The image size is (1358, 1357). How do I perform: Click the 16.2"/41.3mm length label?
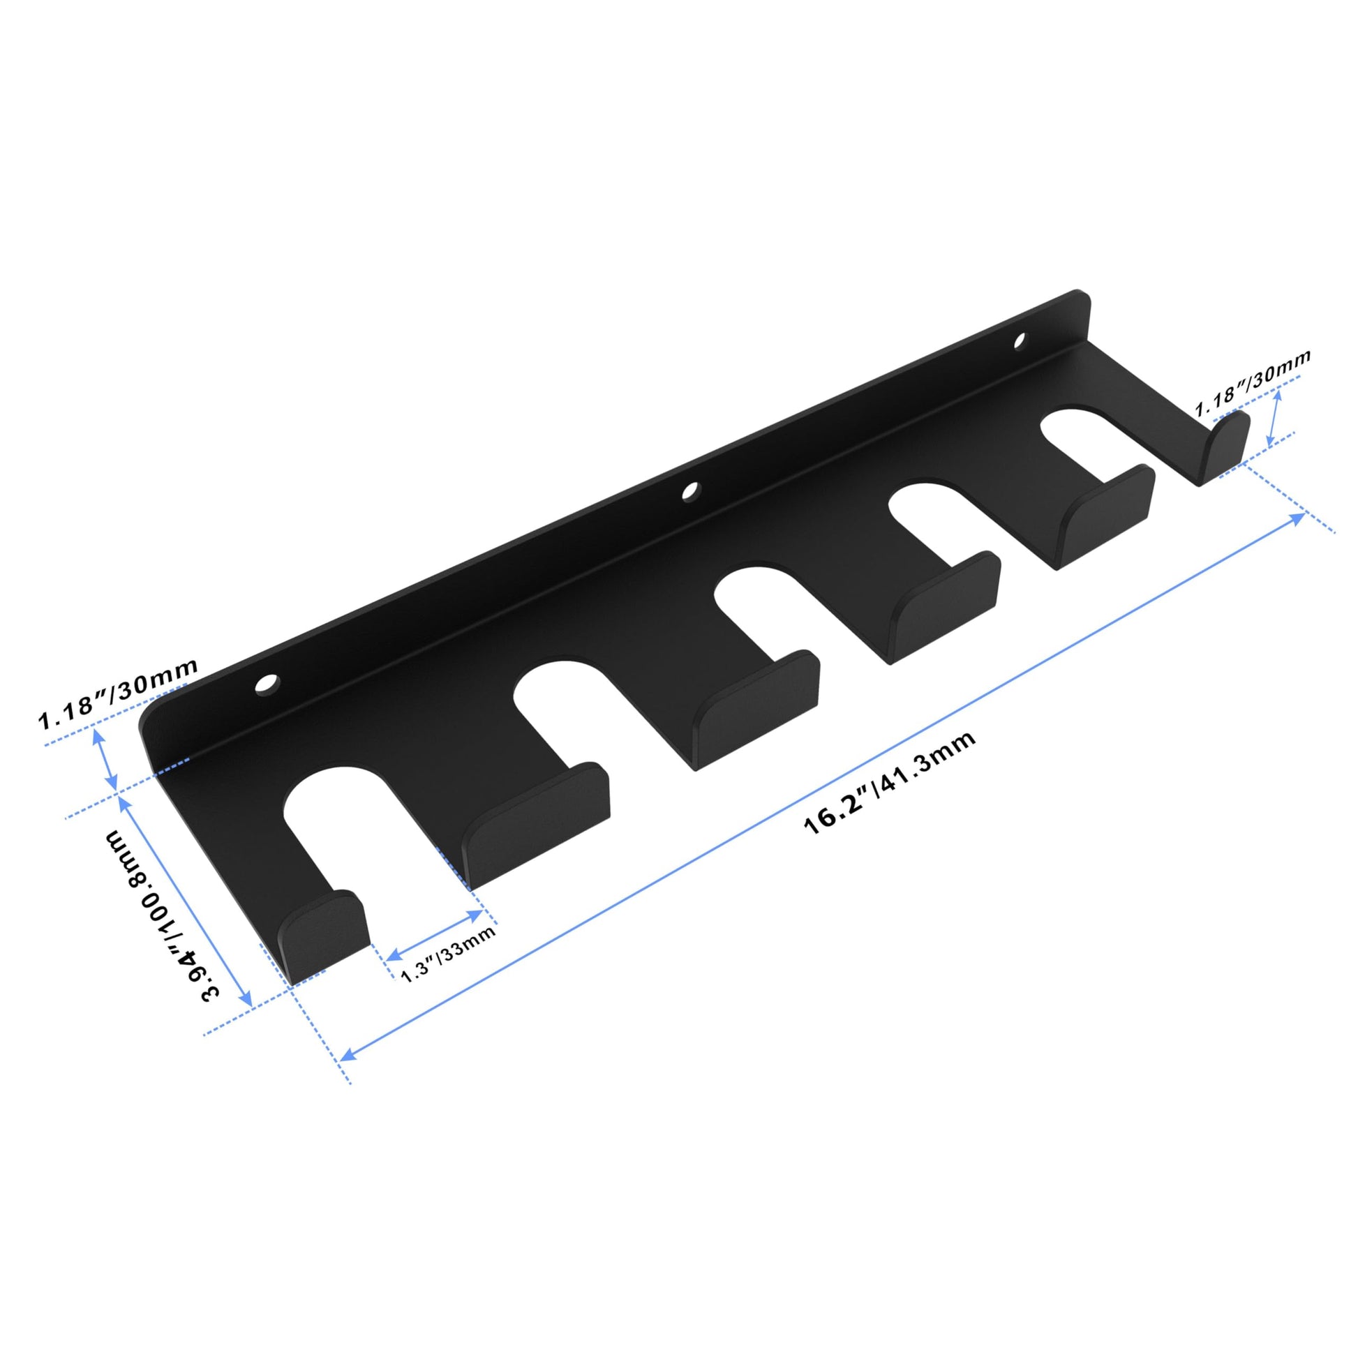[889, 782]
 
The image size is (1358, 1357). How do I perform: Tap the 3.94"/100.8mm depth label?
[163, 914]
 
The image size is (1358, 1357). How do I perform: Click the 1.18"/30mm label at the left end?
[118, 696]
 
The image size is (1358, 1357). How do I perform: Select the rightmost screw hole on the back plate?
[1019, 342]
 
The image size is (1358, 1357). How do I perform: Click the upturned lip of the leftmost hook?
[324, 936]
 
